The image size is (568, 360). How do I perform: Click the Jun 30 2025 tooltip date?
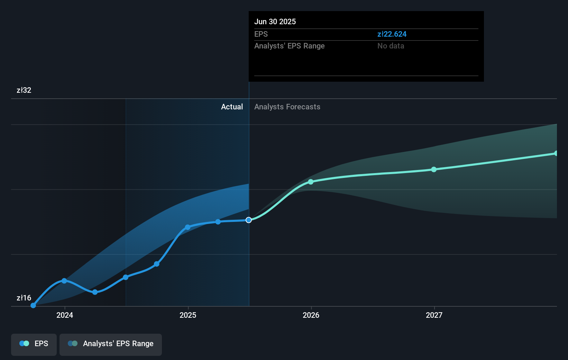click(275, 21)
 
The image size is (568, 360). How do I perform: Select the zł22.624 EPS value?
click(392, 34)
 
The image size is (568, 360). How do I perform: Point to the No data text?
click(391, 46)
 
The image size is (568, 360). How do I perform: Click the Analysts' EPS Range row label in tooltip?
click(289, 46)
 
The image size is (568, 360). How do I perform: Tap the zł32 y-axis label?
click(24, 90)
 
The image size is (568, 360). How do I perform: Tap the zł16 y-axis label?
click(24, 298)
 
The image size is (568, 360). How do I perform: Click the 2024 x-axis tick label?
click(65, 315)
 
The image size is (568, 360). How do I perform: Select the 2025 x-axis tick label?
click(188, 315)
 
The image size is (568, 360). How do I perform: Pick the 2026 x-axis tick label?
click(311, 315)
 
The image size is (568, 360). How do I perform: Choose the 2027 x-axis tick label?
click(434, 315)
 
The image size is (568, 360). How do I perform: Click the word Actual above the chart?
click(232, 107)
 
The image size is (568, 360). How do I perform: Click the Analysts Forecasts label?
click(287, 107)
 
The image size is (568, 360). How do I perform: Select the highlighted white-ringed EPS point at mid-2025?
click(249, 220)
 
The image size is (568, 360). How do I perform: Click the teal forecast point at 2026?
click(311, 182)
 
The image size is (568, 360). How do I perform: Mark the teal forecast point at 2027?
click(434, 169)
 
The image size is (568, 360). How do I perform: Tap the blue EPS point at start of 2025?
click(187, 227)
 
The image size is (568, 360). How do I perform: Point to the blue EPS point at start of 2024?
click(64, 281)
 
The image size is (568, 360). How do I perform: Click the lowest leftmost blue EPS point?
click(33, 305)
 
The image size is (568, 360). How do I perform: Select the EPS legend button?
click(34, 344)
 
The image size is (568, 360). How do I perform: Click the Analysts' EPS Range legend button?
click(111, 344)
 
